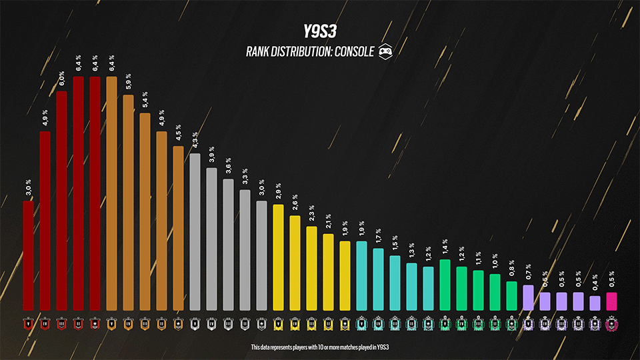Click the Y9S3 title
pyautogui.click(x=320, y=31)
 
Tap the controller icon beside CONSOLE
pyautogui.click(x=385, y=51)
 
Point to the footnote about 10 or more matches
pyautogui.click(x=320, y=347)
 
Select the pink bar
pyautogui.click(x=611, y=301)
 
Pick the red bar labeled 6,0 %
pyautogui.click(x=61, y=200)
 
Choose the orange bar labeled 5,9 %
pyautogui.click(x=128, y=203)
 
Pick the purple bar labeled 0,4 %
pyautogui.click(x=595, y=303)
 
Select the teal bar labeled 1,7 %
pyautogui.click(x=378, y=279)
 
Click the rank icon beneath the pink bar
pyautogui.click(x=611, y=325)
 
